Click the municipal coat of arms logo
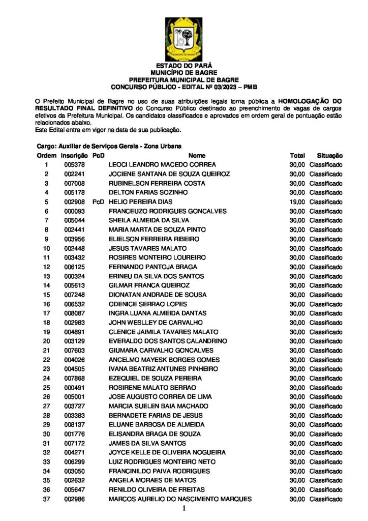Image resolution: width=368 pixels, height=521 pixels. click(x=183, y=39)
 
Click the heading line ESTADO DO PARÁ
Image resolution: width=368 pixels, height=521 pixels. click(x=183, y=66)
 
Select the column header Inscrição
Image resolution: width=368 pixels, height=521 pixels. click(x=74, y=155)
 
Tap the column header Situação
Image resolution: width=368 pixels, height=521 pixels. click(x=329, y=155)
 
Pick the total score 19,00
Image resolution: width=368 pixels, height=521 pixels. click(x=297, y=202)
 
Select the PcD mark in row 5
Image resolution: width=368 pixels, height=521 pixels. click(x=98, y=202)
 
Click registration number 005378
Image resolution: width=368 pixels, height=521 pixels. click(x=74, y=165)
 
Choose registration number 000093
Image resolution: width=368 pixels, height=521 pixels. click(x=74, y=211)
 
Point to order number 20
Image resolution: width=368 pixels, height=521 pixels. click(x=46, y=341)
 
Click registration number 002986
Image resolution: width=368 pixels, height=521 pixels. click(x=74, y=499)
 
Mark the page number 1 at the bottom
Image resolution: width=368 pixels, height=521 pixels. click(x=184, y=508)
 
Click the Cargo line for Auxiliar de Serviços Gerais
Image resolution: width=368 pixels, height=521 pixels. click(x=109, y=146)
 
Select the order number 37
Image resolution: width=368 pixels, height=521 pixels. click(x=46, y=499)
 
